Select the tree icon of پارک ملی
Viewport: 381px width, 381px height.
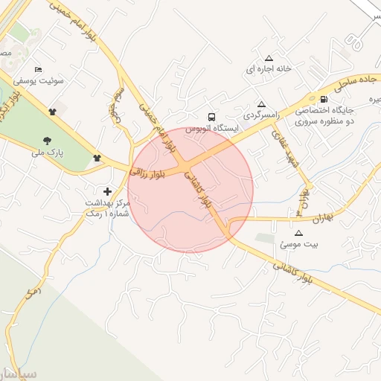click(x=48, y=140)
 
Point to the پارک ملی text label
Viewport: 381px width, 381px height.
click(x=48, y=152)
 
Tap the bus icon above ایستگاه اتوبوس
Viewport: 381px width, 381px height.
click(x=212, y=117)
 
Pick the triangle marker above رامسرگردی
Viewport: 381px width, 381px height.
click(x=260, y=104)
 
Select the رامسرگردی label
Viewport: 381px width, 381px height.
click(x=260, y=115)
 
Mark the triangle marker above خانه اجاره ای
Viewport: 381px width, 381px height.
click(x=269, y=58)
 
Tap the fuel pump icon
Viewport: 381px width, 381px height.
click(x=323, y=100)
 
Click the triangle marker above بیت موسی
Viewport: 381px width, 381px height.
click(x=298, y=232)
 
